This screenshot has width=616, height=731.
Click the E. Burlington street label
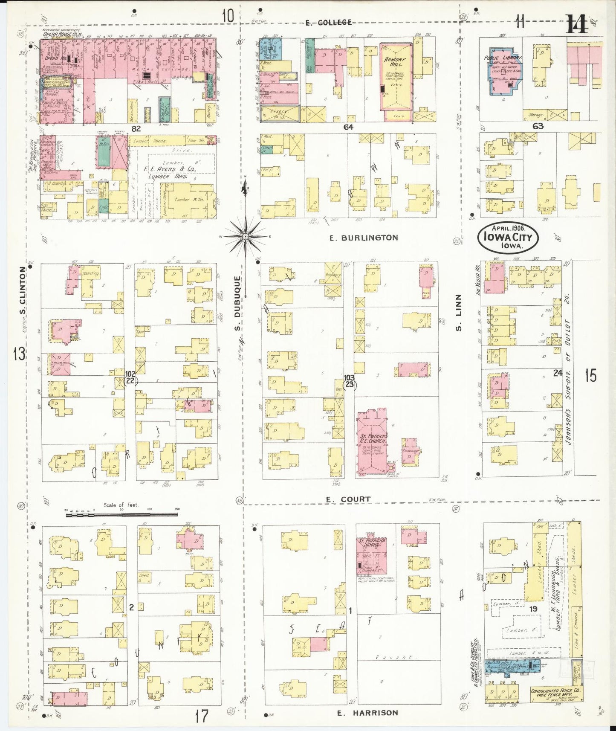(364, 238)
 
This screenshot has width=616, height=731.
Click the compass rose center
(246, 236)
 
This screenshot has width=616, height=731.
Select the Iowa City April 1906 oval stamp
(508, 237)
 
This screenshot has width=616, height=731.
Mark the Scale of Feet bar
(121, 509)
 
